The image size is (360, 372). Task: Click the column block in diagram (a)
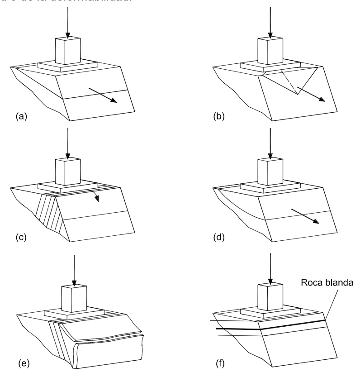67,51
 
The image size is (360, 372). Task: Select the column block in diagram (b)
270,51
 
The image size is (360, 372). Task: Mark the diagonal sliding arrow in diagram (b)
312,93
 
